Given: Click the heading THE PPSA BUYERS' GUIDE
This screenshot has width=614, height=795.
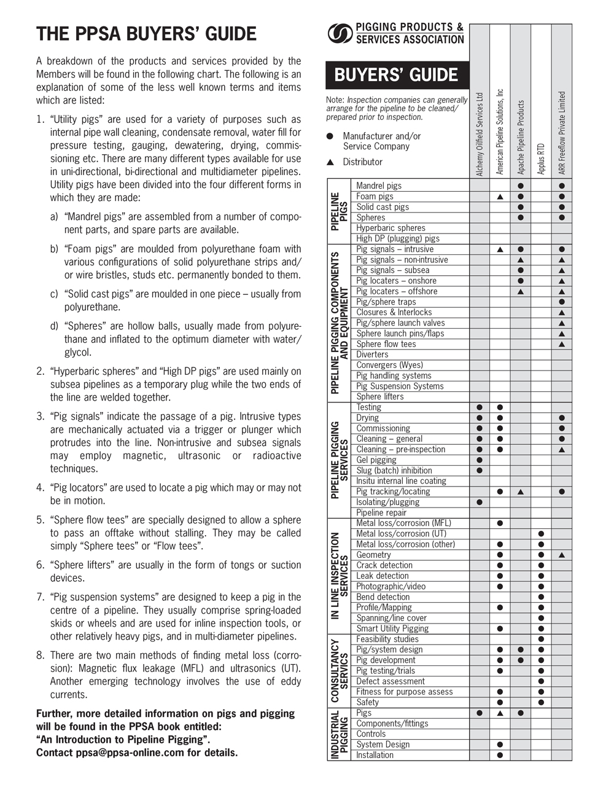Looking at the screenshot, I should [x=146, y=34].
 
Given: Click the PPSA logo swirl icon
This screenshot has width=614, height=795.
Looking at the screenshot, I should [x=340, y=34].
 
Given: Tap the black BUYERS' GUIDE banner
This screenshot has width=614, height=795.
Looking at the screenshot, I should [x=397, y=76].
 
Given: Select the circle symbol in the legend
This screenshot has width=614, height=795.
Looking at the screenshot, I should [x=330, y=136].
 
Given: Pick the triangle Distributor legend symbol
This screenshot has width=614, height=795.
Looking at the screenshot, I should [x=330, y=162].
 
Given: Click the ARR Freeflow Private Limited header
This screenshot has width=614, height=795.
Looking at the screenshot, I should [x=562, y=133].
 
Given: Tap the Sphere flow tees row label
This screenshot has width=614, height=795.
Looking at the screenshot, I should [x=386, y=344].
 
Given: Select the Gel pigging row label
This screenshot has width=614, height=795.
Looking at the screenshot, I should [x=376, y=460].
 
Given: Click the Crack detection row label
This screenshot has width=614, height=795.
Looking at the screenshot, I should [x=384, y=565].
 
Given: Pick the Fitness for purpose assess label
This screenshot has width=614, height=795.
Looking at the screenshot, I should [x=404, y=692].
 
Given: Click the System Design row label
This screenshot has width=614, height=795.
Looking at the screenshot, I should [x=383, y=744].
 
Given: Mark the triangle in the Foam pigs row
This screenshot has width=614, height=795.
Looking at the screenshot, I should [x=500, y=197].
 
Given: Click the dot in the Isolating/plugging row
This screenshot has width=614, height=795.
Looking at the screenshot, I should [x=480, y=502].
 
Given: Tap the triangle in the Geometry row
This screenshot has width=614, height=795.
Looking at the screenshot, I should [x=562, y=555].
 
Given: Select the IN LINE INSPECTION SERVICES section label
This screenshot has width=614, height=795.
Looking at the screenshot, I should [x=339, y=575].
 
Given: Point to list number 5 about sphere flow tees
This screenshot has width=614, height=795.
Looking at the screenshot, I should [x=41, y=520].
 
